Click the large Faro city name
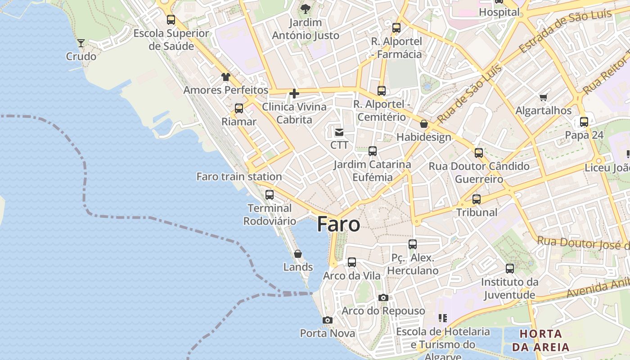pyautogui.click(x=338, y=224)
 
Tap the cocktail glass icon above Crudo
pyautogui.click(x=81, y=43)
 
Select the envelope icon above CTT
pyautogui.click(x=339, y=132)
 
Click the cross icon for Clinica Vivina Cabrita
pyautogui.click(x=294, y=94)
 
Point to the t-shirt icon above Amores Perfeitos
pyautogui.click(x=225, y=77)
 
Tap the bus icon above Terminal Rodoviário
pyautogui.click(x=270, y=195)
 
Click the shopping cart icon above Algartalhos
pyautogui.click(x=544, y=97)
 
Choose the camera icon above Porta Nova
pyautogui.click(x=328, y=320)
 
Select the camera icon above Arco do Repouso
pyautogui.click(x=383, y=297)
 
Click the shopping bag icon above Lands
pyautogui.click(x=297, y=254)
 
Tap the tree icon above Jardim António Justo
pyautogui.click(x=306, y=9)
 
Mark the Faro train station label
pyautogui.click(x=239, y=177)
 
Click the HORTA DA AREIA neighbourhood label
pyautogui.click(x=540, y=340)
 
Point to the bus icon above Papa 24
pyautogui.click(x=584, y=121)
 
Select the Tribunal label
pyautogui.click(x=477, y=212)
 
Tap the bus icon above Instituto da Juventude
pyautogui.click(x=510, y=269)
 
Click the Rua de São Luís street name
pyautogui.click(x=463, y=94)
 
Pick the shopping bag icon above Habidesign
pyautogui.click(x=423, y=124)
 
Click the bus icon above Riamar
pyautogui.click(x=239, y=108)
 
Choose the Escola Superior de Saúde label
pyautogui.click(x=171, y=40)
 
